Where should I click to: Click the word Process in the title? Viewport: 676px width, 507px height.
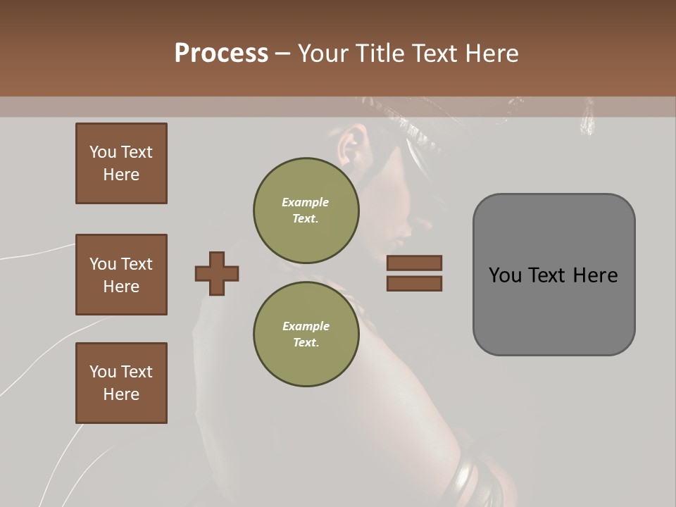point(221,54)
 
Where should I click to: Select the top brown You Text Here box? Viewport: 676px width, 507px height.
point(121,163)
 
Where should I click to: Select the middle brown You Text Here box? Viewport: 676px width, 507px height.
point(121,275)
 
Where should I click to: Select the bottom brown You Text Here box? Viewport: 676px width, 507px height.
point(121,383)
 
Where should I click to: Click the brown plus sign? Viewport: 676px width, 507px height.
point(217,273)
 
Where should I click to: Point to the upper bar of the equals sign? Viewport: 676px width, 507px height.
point(414,263)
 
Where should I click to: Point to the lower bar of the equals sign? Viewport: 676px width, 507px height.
point(414,284)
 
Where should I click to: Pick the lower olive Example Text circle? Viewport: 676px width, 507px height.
point(306,334)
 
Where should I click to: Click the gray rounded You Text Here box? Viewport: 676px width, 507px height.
point(553,275)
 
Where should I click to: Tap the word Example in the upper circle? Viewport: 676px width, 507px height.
point(305,202)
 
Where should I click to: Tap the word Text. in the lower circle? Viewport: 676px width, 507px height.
point(306,343)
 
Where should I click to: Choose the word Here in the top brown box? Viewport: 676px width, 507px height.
point(121,175)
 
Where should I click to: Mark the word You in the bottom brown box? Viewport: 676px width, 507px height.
point(103,372)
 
